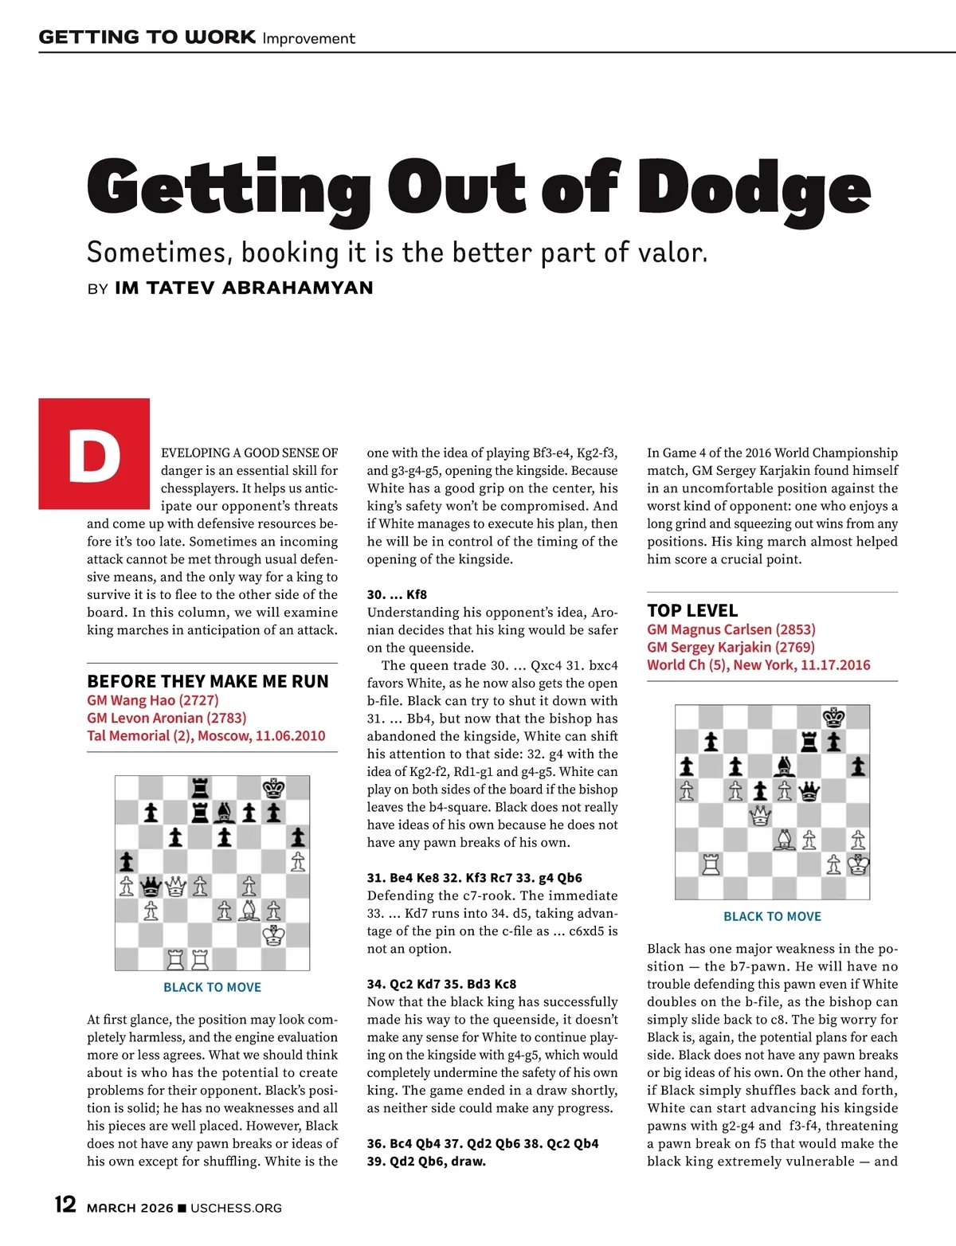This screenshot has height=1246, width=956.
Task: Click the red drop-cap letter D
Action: click(x=94, y=454)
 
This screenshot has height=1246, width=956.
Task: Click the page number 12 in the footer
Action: click(x=65, y=1205)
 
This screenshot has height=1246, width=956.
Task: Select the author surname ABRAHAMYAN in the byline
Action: click(x=297, y=288)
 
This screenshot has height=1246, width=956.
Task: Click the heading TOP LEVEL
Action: click(x=692, y=610)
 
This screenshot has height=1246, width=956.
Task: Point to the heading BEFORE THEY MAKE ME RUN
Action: click(x=208, y=681)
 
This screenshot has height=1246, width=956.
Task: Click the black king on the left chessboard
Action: click(x=273, y=789)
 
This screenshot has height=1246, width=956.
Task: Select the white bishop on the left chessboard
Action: click(x=249, y=910)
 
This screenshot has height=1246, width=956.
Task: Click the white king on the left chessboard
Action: click(x=273, y=934)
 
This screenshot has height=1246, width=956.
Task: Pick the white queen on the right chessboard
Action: click(x=760, y=815)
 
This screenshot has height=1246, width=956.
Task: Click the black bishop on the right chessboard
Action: click(x=785, y=766)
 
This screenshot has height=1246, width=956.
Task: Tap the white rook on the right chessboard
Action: click(x=711, y=864)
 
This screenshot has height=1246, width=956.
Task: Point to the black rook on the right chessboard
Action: click(x=809, y=742)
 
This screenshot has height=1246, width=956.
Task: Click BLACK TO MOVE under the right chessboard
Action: click(x=772, y=916)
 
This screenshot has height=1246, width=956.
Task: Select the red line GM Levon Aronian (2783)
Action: click(x=167, y=718)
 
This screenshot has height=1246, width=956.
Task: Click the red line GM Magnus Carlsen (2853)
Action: click(x=731, y=629)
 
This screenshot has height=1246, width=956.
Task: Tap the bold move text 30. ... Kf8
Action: click(x=397, y=594)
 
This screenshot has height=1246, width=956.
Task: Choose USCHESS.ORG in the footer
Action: click(x=236, y=1208)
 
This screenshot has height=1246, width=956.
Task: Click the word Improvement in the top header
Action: click(x=308, y=38)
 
